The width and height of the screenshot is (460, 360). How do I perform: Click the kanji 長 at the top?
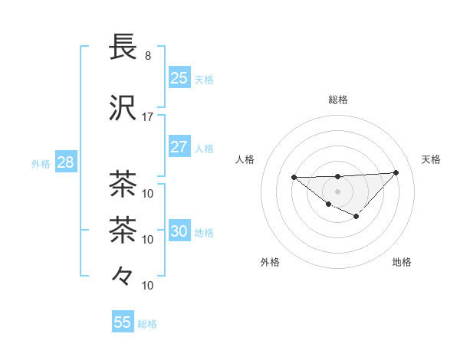[x=123, y=45]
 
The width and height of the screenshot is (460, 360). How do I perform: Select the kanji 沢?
[x=123, y=108]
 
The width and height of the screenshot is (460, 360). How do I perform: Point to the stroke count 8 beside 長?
[x=147, y=56]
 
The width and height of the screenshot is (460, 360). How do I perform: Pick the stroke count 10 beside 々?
[x=148, y=286]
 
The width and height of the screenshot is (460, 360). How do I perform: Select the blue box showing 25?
[x=179, y=77]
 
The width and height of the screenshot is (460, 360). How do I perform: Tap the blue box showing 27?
[x=179, y=147]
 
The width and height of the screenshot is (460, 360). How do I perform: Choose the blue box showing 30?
[x=179, y=231]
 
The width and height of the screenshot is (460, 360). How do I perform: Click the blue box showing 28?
[x=64, y=162]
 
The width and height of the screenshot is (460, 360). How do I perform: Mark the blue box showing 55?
[x=123, y=322]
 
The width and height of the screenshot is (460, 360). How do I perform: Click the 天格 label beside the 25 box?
[x=204, y=79]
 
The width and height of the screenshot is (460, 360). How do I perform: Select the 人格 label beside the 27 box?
[x=204, y=148]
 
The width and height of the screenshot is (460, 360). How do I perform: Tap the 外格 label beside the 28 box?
[x=41, y=164]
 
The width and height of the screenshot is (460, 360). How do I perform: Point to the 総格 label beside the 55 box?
[x=147, y=324]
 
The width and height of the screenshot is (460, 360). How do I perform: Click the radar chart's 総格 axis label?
[x=337, y=100]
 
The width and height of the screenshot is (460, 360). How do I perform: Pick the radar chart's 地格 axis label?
[x=402, y=262]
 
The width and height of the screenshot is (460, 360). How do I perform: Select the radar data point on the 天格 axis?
[x=396, y=172]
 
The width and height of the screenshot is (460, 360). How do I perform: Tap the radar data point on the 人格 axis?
[x=294, y=178]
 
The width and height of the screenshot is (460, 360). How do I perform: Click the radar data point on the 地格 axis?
[x=356, y=217]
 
